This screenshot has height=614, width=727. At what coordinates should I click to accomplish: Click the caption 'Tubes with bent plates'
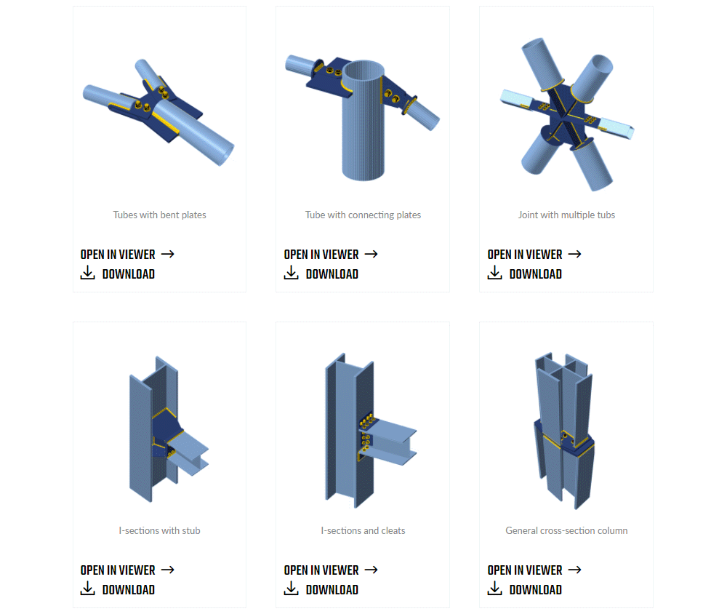click(x=159, y=215)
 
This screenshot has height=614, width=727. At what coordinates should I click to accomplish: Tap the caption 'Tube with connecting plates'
click(x=363, y=215)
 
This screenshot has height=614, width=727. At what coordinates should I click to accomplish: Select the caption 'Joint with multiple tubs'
click(x=566, y=215)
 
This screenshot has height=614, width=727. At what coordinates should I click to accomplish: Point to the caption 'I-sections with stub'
click(x=159, y=530)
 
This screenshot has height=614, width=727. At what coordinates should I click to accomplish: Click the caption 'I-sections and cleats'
click(x=363, y=530)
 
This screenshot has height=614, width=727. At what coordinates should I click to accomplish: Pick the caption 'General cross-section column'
click(x=566, y=530)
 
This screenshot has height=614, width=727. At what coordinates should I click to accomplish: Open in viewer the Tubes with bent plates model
click(x=118, y=255)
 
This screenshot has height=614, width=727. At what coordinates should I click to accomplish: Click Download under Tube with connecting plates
click(x=332, y=274)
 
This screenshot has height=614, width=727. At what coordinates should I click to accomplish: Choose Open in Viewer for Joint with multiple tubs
click(x=525, y=255)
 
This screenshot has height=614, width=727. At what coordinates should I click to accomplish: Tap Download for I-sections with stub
click(x=129, y=590)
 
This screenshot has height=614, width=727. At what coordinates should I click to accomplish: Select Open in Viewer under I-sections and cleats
click(x=321, y=570)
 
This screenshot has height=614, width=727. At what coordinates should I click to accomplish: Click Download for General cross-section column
click(x=536, y=590)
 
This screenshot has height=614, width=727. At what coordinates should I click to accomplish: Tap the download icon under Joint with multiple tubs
click(x=494, y=272)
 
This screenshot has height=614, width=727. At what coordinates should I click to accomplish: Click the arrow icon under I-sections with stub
click(x=167, y=570)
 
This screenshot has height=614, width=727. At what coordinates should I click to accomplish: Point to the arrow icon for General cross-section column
click(x=574, y=570)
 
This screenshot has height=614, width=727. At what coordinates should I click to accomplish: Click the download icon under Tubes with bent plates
click(x=88, y=272)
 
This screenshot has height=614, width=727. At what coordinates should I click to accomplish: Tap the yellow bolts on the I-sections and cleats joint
click(x=366, y=433)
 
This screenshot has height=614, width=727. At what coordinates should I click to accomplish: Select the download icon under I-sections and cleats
click(x=292, y=588)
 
